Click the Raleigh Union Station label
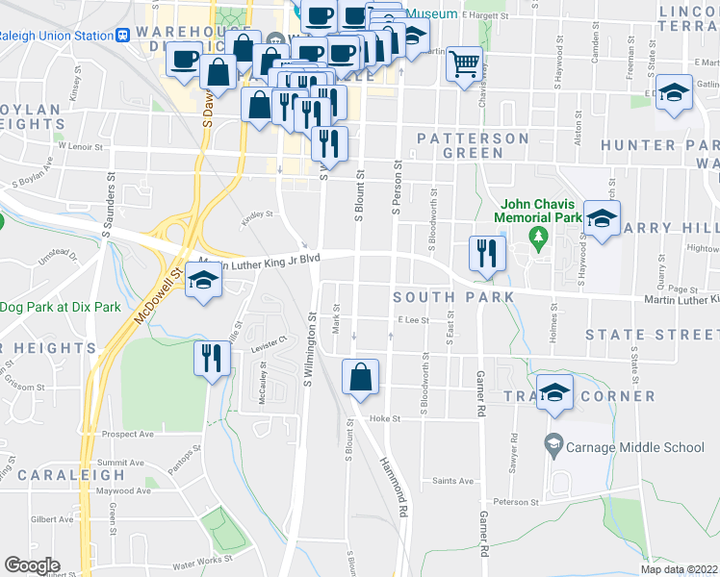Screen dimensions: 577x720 coord(55,36)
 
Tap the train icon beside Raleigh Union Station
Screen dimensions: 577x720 coord(123,36)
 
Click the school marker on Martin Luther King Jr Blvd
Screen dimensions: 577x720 coord(203,281)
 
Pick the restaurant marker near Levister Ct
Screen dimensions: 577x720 coord(211,359)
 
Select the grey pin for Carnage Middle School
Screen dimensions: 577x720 coord(553,444)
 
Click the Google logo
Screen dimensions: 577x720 coord(32,565)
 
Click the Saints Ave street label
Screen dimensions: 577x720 coord(452,481)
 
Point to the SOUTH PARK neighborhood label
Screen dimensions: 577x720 coord(453,297)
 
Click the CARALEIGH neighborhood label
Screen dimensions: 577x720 coord(70,474)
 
